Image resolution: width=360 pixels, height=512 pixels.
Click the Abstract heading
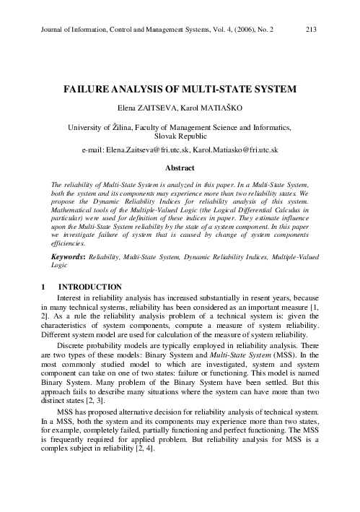[180, 167]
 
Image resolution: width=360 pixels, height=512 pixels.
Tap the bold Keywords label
[70, 256]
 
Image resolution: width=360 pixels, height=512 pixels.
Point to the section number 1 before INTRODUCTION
[44, 288]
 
